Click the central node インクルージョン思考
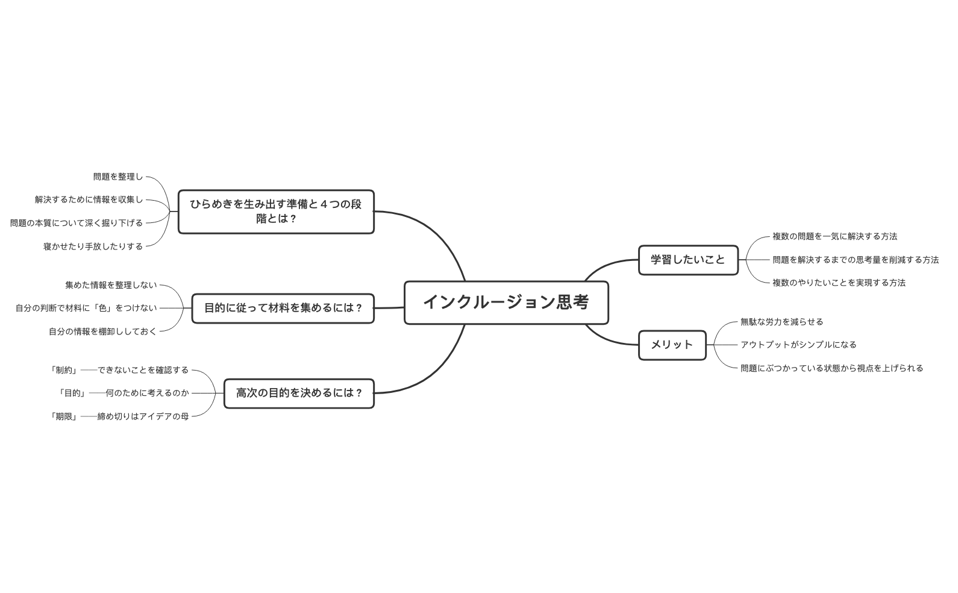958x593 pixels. pyautogui.click(x=506, y=303)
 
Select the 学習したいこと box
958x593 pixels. pyautogui.click(x=688, y=260)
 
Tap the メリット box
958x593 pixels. pyautogui.click(x=672, y=345)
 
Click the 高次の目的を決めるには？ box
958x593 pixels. pyautogui.click(x=299, y=394)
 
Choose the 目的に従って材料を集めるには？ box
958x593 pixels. pyautogui.click(x=283, y=309)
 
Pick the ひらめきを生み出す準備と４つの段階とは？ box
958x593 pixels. pyautogui.click(x=276, y=212)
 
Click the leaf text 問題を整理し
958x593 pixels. pyautogui.click(x=118, y=177)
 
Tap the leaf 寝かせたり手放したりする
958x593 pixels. pyautogui.click(x=93, y=246)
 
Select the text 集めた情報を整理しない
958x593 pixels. pyautogui.click(x=111, y=285)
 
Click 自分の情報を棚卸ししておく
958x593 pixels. pyautogui.click(x=102, y=331)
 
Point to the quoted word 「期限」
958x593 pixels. pyautogui.click(x=64, y=416)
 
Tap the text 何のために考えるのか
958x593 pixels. pyautogui.click(x=147, y=393)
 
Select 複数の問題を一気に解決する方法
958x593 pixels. pyautogui.click(x=834, y=237)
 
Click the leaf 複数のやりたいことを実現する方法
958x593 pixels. pyautogui.click(x=839, y=283)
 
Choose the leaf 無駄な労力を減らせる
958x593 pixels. pyautogui.click(x=781, y=322)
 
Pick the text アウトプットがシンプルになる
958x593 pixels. pyautogui.click(x=798, y=345)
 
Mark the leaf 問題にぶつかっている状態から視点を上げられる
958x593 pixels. pyautogui.click(x=831, y=368)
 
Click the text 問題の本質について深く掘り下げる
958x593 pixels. pyautogui.click(x=77, y=223)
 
